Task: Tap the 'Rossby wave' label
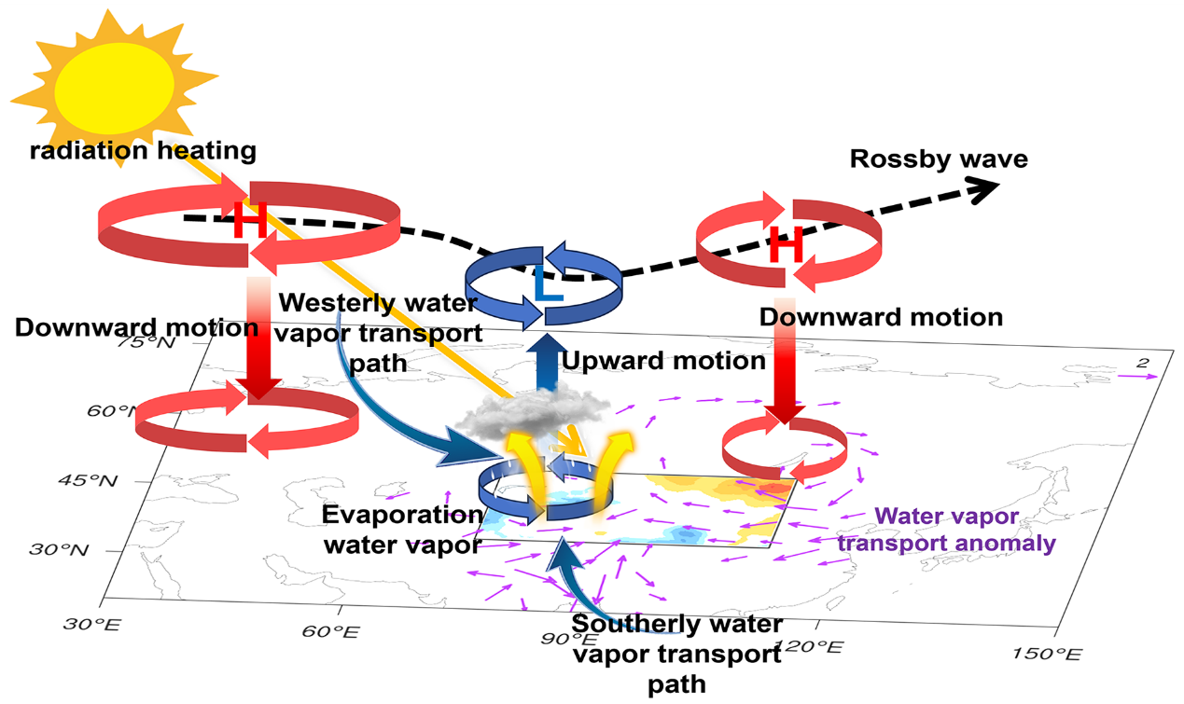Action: (939, 159)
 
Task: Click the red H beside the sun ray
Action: (249, 222)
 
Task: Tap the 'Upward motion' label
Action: (663, 360)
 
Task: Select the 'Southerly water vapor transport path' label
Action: (677, 654)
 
